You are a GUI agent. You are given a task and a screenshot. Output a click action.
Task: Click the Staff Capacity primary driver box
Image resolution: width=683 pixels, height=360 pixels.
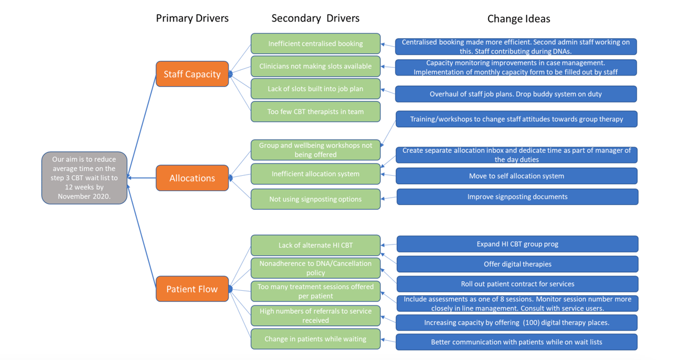click(192, 74)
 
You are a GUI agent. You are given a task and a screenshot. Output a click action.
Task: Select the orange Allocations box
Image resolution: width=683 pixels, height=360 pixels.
click(192, 178)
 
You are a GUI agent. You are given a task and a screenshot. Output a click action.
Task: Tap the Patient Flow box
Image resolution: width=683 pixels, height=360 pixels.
click(192, 289)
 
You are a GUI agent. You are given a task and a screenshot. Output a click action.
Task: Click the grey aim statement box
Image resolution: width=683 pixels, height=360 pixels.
click(84, 177)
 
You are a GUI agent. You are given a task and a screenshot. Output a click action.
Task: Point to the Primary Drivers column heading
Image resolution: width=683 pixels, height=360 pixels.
click(192, 18)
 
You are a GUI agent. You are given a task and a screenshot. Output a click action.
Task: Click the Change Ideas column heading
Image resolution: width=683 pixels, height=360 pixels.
click(518, 19)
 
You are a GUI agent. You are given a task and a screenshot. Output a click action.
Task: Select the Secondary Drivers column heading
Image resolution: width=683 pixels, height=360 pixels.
click(315, 18)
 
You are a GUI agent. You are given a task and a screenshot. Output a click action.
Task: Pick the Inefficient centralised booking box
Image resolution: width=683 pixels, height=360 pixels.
click(315, 43)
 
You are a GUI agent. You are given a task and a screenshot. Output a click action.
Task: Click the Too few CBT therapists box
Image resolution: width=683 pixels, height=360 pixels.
click(315, 112)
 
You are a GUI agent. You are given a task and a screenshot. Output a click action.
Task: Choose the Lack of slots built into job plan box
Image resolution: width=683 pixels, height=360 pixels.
click(315, 89)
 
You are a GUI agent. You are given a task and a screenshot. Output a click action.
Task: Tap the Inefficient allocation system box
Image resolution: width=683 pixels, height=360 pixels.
click(315, 174)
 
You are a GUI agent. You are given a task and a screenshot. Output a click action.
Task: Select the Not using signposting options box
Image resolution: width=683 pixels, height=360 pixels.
click(315, 199)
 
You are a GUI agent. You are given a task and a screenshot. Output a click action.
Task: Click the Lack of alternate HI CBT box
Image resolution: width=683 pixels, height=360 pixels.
click(315, 245)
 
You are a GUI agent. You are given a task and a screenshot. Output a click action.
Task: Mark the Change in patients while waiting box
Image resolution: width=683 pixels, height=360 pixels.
click(315, 339)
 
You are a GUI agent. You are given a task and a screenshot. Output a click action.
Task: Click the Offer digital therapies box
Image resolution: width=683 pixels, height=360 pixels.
click(517, 264)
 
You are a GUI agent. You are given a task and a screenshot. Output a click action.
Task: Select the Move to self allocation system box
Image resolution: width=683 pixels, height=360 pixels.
click(516, 176)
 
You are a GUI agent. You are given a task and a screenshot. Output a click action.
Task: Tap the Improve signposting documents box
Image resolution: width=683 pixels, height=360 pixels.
click(517, 197)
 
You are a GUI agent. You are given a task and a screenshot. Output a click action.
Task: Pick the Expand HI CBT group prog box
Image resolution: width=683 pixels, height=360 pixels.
click(517, 244)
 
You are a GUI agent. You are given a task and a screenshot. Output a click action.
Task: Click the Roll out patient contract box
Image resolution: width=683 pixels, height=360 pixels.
click(517, 284)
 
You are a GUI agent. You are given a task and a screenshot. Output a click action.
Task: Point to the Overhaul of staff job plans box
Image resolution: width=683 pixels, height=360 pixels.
click(515, 94)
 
